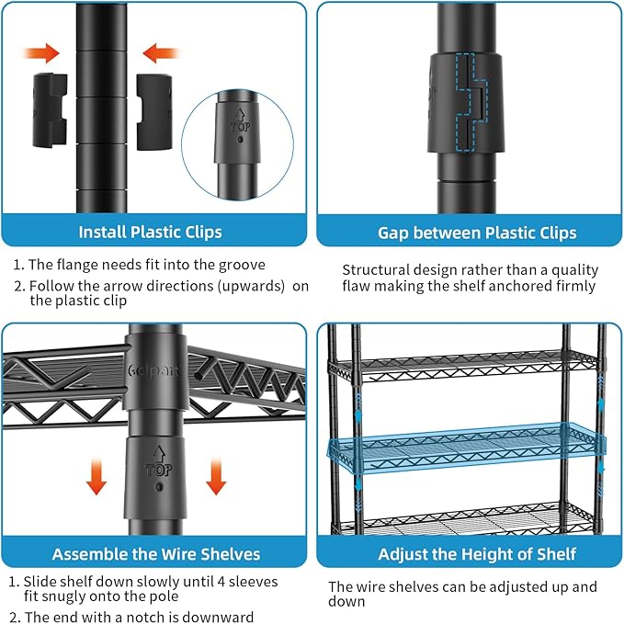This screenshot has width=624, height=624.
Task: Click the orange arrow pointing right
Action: tap(41, 53)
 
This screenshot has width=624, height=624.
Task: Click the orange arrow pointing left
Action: tap(161, 53)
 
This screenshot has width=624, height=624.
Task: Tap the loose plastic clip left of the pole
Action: tap(50, 110)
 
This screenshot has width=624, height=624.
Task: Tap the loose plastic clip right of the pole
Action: tap(154, 112)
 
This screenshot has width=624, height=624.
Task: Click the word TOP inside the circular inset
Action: tap(240, 127)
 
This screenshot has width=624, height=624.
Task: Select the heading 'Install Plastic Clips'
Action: tap(150, 232)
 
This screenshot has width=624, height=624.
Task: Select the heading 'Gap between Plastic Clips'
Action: tap(477, 233)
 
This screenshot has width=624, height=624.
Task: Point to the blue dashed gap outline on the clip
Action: tap(472, 103)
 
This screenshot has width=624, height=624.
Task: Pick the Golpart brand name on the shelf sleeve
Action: tap(154, 370)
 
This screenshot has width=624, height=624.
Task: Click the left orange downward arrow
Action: tap(96, 476)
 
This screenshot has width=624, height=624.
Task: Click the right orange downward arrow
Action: tap(216, 476)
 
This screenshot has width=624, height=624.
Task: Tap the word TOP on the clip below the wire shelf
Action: tap(159, 471)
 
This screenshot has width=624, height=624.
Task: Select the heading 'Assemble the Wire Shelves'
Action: tap(156, 554)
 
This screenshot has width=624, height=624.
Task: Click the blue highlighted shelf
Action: tap(467, 448)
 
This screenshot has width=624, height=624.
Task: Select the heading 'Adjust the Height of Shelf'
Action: tap(477, 554)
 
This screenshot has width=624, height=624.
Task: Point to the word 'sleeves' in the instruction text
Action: tap(253, 582)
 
